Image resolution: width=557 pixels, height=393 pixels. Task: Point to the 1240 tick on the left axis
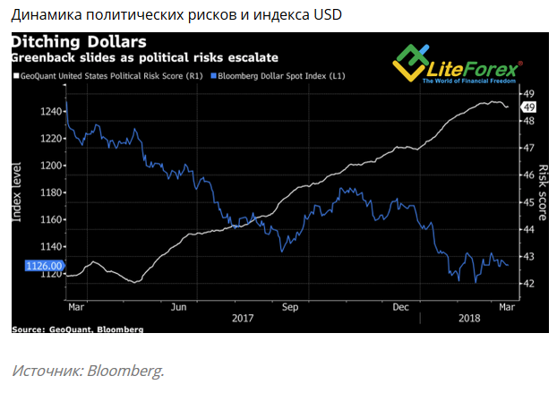pyautogui.click(x=50, y=111)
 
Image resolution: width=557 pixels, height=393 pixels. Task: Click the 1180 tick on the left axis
pyautogui.click(x=50, y=192)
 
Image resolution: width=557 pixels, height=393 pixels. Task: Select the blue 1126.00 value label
pyautogui.click(x=44, y=266)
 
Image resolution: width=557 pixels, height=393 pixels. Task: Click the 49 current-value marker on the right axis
pyautogui.click(x=528, y=106)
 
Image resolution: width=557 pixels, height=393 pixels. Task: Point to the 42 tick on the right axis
pyautogui.click(x=528, y=284)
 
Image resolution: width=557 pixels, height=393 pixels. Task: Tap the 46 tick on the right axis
pyautogui.click(x=528, y=175)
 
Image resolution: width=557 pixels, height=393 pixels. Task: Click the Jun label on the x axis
pyautogui.click(x=178, y=306)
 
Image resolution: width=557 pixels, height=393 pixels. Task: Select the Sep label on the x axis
pyautogui.click(x=289, y=306)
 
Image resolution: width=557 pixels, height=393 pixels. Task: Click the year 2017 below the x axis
pyautogui.click(x=243, y=318)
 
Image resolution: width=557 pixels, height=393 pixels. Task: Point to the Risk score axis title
pyautogui.click(x=544, y=192)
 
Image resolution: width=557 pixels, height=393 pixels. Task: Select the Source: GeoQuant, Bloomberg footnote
pyautogui.click(x=77, y=329)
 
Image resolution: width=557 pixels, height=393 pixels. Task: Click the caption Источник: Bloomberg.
pyautogui.click(x=88, y=370)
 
